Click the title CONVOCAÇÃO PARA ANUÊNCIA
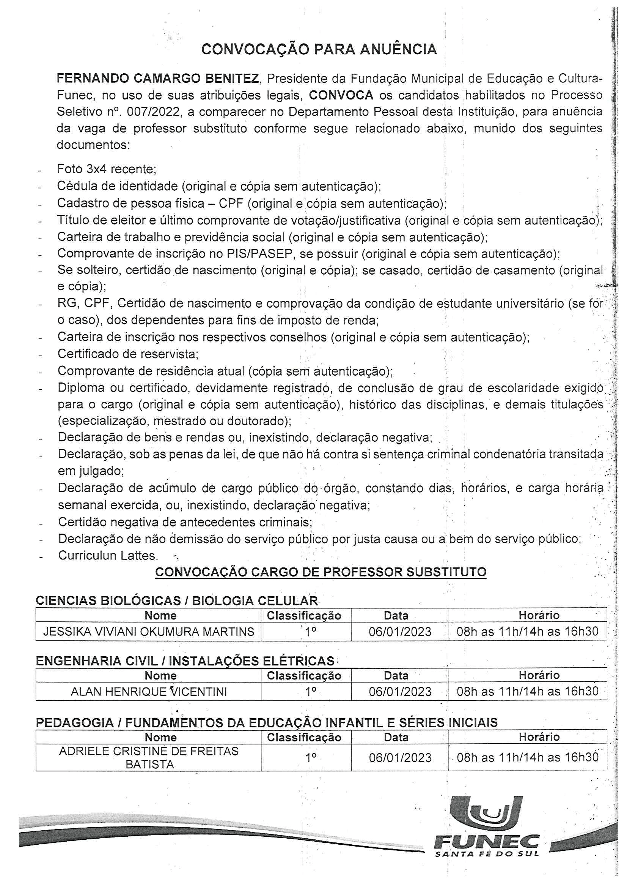coord(319,49)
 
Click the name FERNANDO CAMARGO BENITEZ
coord(158,79)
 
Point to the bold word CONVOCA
coord(341,95)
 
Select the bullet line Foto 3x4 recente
coord(106,169)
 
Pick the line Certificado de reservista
coord(128,354)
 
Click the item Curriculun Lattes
coord(108,555)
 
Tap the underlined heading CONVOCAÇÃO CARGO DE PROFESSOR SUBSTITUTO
coord(321,572)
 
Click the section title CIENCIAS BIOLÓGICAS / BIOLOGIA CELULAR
coord(176,600)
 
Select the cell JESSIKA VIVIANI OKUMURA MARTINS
coord(148,632)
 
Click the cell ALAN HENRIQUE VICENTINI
coord(148,692)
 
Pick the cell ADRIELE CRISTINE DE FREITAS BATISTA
coord(148,758)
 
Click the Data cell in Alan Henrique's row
coord(400,692)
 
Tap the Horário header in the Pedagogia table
coord(539,737)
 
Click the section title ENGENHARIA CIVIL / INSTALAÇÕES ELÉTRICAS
coord(185,661)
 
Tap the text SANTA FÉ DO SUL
coord(486,853)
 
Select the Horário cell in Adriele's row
coord(527,758)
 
